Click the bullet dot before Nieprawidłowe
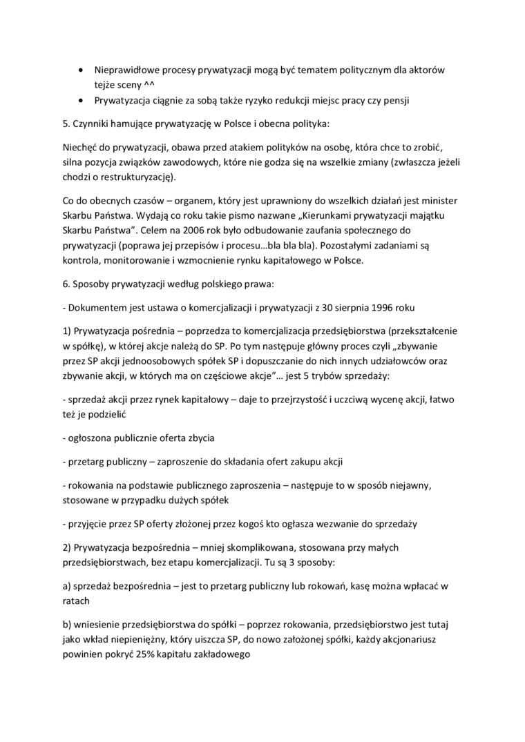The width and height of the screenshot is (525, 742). point(83,70)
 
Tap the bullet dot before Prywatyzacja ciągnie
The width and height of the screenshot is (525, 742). point(83,101)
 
